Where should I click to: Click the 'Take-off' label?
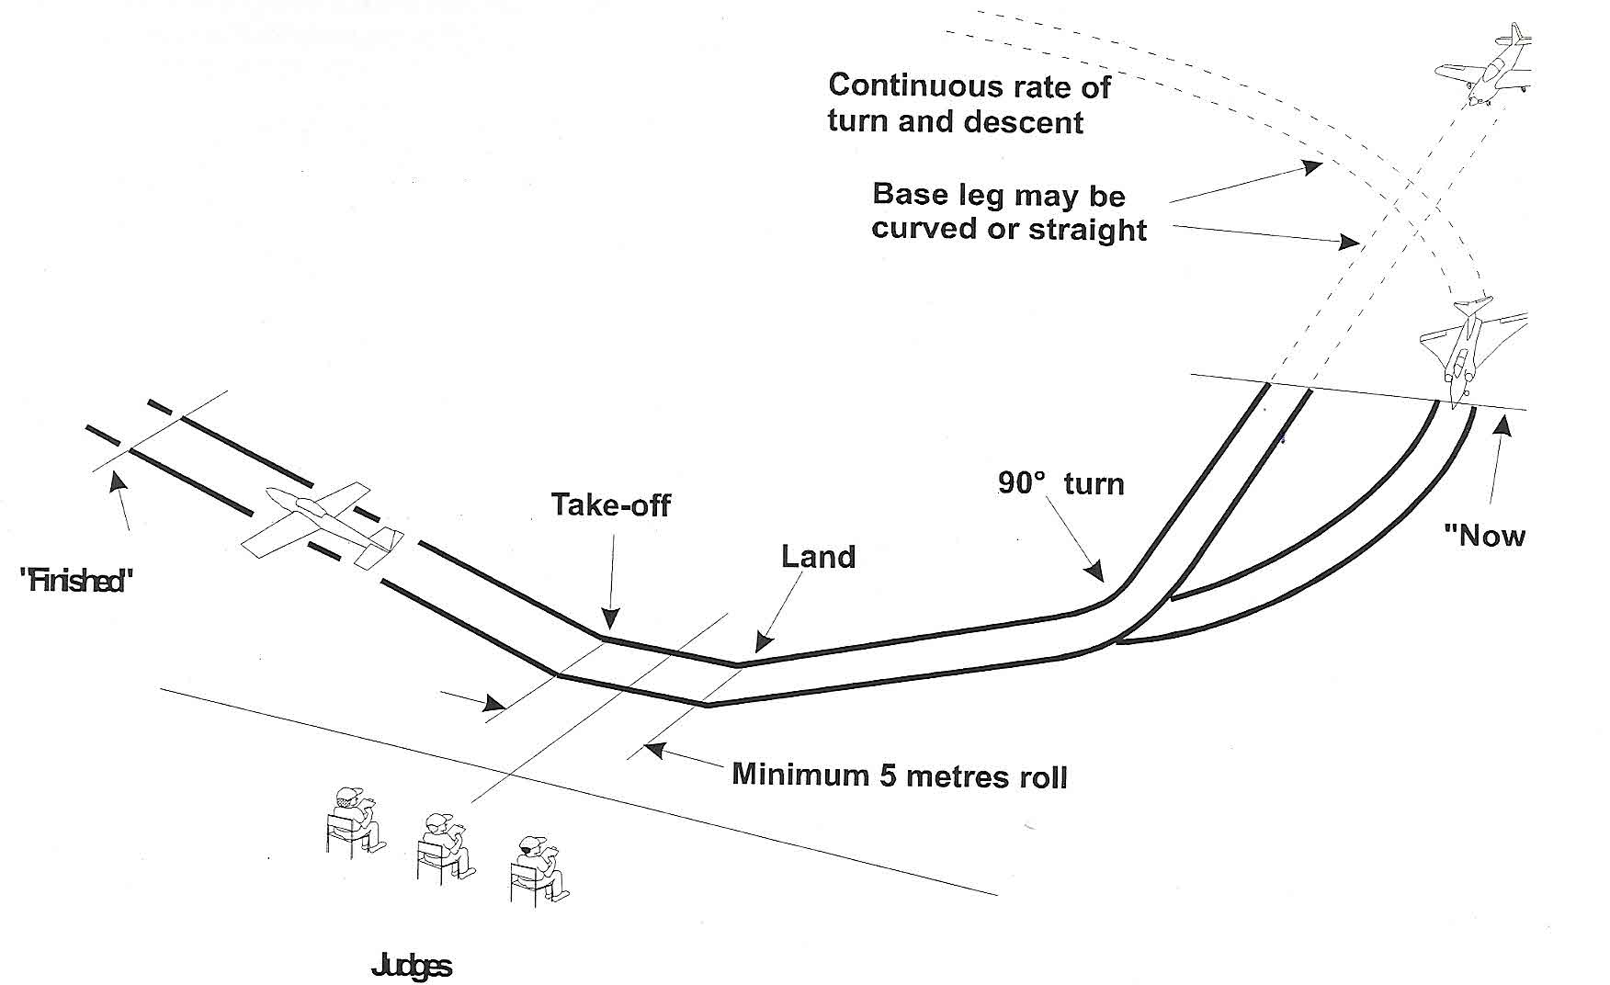pyautogui.click(x=610, y=504)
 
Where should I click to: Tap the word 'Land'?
pyautogui.click(x=818, y=557)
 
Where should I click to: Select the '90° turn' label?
pyautogui.click(x=1060, y=483)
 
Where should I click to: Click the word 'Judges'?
pyautogui.click(x=411, y=966)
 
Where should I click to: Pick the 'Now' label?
pyautogui.click(x=1484, y=535)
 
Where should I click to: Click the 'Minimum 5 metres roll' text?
pyautogui.click(x=899, y=776)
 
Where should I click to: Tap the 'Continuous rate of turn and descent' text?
pyautogui.click(x=969, y=104)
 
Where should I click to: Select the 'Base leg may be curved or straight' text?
pyautogui.click(x=1008, y=211)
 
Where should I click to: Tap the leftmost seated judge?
pyautogui.click(x=355, y=820)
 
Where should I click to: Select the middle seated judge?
pyautogui.click(x=445, y=845)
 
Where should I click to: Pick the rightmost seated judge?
pyautogui.click(x=537, y=868)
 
